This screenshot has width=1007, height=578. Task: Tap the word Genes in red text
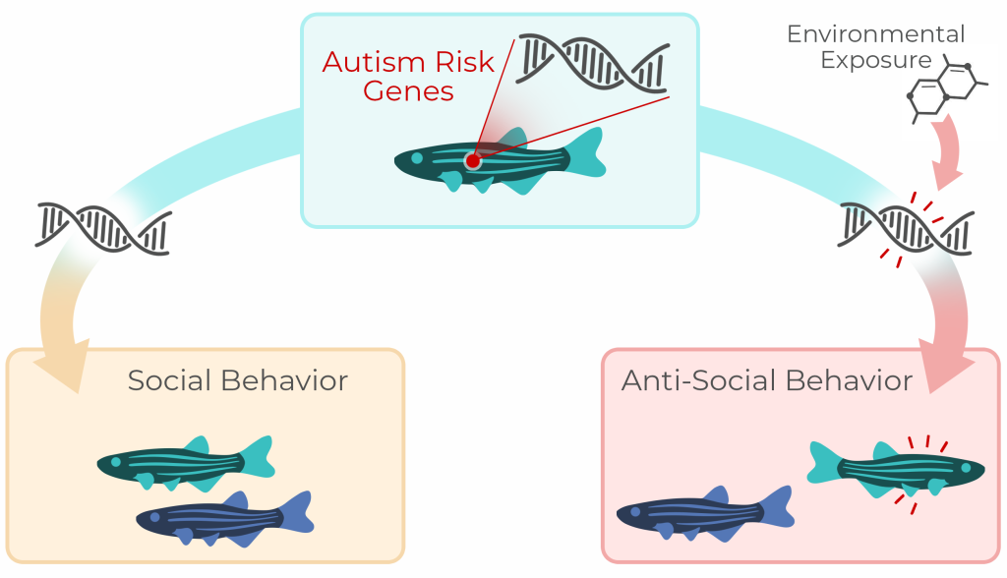(407, 91)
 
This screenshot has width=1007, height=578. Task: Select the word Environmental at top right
(875, 34)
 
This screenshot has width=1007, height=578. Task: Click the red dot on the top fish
(472, 160)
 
